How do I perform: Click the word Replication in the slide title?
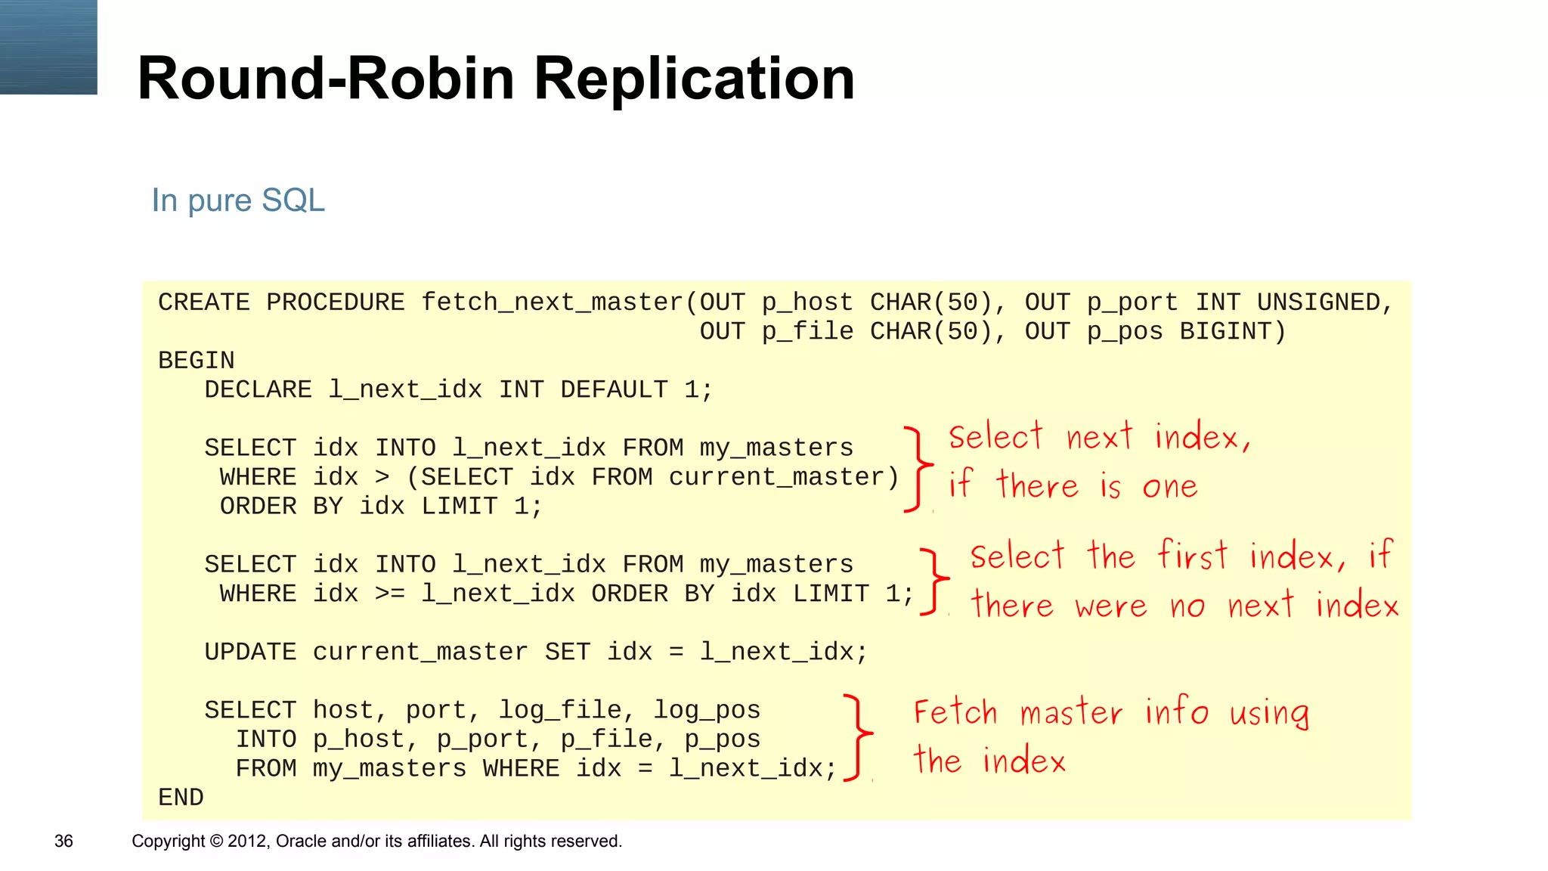(x=694, y=79)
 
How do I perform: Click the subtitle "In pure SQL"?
(x=238, y=200)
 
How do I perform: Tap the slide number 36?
(x=63, y=841)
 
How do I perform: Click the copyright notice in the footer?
(x=376, y=841)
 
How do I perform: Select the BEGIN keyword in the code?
(x=197, y=361)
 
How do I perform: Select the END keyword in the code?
(x=181, y=798)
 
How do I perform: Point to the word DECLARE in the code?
(x=258, y=390)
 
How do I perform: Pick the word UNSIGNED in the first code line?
(x=1324, y=302)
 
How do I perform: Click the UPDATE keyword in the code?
(x=250, y=652)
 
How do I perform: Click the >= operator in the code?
(x=390, y=594)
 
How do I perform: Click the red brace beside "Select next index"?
(x=918, y=469)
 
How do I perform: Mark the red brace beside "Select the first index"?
(x=935, y=581)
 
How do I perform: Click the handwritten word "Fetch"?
(x=955, y=712)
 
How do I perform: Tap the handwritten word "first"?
(x=1192, y=556)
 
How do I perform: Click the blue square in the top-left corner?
(x=48, y=47)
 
